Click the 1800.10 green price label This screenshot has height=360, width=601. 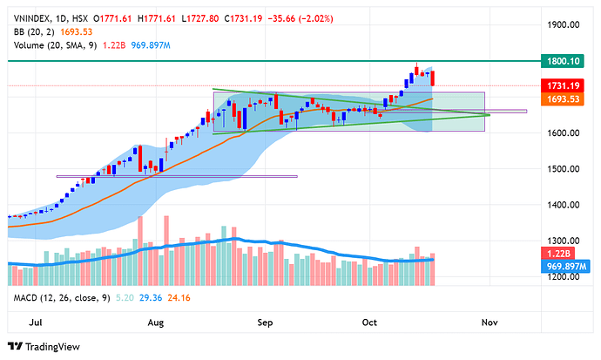[564, 61]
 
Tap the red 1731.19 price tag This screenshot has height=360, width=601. [564, 85]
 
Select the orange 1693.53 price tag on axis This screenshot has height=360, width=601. [564, 100]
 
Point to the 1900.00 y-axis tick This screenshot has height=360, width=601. [564, 25]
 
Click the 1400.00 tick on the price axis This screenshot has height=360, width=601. [564, 205]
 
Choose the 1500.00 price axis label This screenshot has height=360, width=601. [564, 169]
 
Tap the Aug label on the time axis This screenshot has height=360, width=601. [157, 322]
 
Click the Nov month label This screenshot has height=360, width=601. [489, 322]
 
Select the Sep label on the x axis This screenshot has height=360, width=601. [267, 322]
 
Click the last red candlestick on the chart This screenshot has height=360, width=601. [434, 78]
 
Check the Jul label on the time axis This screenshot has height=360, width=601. [37, 322]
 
